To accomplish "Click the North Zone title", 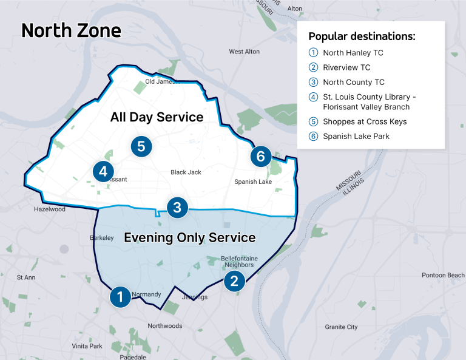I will click(71, 31).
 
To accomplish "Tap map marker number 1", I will click(120, 296).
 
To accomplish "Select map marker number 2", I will click(234, 280).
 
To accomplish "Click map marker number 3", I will click(177, 208).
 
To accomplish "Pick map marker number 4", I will click(103, 172).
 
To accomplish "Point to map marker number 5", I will click(141, 146).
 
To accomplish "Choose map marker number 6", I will click(260, 156).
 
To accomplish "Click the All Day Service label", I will click(157, 117).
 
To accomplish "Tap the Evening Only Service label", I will click(189, 237).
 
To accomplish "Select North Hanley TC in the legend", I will click(353, 53).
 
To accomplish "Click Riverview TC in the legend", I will click(346, 67).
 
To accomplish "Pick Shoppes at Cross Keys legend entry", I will click(365, 121).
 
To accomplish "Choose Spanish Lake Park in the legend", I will click(356, 136).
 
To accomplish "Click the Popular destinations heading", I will click(362, 36).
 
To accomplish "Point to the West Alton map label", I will click(244, 52).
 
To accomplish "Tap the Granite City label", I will click(341, 327).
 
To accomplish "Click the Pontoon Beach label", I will click(443, 275).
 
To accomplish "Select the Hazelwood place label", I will click(50, 209).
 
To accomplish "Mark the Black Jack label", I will click(186, 172).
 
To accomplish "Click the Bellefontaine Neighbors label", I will click(239, 262).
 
